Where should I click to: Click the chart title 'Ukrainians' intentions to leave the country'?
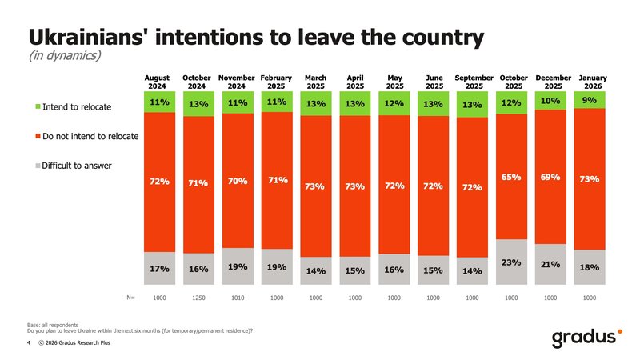click(256, 37)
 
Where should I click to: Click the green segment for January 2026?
click(590, 100)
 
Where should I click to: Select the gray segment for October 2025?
click(511, 262)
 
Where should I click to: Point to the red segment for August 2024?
click(159, 182)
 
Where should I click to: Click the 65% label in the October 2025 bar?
click(511, 177)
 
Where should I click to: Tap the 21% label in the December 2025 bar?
click(550, 265)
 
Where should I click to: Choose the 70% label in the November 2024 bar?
click(237, 182)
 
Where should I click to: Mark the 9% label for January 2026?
click(590, 100)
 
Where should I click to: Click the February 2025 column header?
click(277, 82)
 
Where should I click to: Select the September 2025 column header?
click(474, 82)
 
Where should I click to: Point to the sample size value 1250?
click(198, 298)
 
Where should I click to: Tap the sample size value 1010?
click(238, 298)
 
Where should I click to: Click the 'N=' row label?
click(130, 298)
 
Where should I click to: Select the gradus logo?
click(586, 338)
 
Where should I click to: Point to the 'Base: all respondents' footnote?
click(52, 324)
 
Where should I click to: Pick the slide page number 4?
click(30, 343)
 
